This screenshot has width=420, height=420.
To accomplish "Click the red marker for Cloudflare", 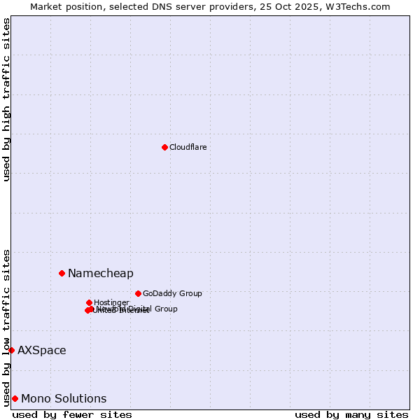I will point(164,147).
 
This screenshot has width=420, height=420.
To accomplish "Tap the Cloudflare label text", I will point(188,147).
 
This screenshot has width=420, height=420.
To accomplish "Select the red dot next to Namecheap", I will point(62,273).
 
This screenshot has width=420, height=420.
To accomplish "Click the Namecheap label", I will point(100,273).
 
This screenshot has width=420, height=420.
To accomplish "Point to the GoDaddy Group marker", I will point(138,293).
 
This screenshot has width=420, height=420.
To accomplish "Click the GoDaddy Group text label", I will point(172,293).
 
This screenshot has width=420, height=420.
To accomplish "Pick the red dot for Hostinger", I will point(89,302).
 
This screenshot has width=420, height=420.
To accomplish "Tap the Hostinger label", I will point(111,302).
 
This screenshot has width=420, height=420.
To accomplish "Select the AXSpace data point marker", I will point(11,350).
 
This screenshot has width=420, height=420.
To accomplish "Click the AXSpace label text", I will point(42,350).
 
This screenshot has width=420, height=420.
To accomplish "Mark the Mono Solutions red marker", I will point(15,398).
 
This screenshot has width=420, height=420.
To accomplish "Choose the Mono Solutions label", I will point(64,398).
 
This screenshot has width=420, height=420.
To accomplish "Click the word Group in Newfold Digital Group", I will point(166,309).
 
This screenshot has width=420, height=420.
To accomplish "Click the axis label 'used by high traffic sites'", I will point(6,99).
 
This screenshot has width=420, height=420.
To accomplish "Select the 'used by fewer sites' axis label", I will point(72,414).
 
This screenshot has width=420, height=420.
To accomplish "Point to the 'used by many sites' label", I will point(351,414).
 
